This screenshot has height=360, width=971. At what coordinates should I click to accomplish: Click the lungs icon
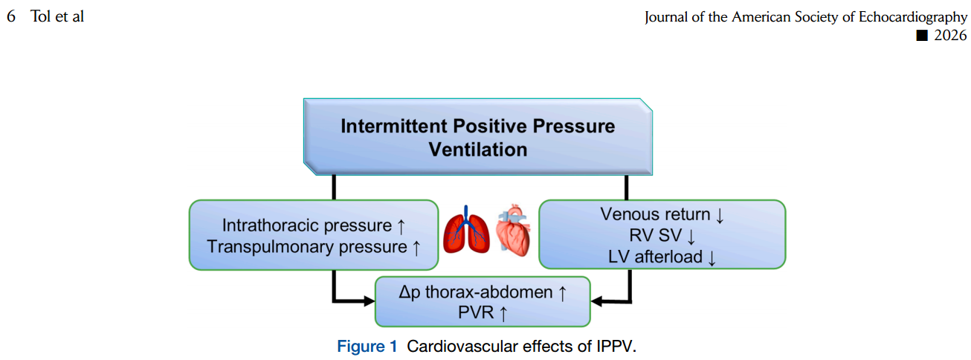pos(466,231)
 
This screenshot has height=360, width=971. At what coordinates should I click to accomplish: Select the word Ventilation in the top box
pos(478,149)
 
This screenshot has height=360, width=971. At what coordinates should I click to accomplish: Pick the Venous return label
pos(655,214)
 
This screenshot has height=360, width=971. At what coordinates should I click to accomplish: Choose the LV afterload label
pos(655,258)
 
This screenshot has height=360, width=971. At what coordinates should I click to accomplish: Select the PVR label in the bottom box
pos(477,313)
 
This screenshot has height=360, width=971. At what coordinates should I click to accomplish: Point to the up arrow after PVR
pos(503,314)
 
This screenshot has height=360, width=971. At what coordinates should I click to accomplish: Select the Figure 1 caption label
pos(367,347)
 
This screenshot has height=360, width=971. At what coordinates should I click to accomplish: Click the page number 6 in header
pos(10,16)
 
